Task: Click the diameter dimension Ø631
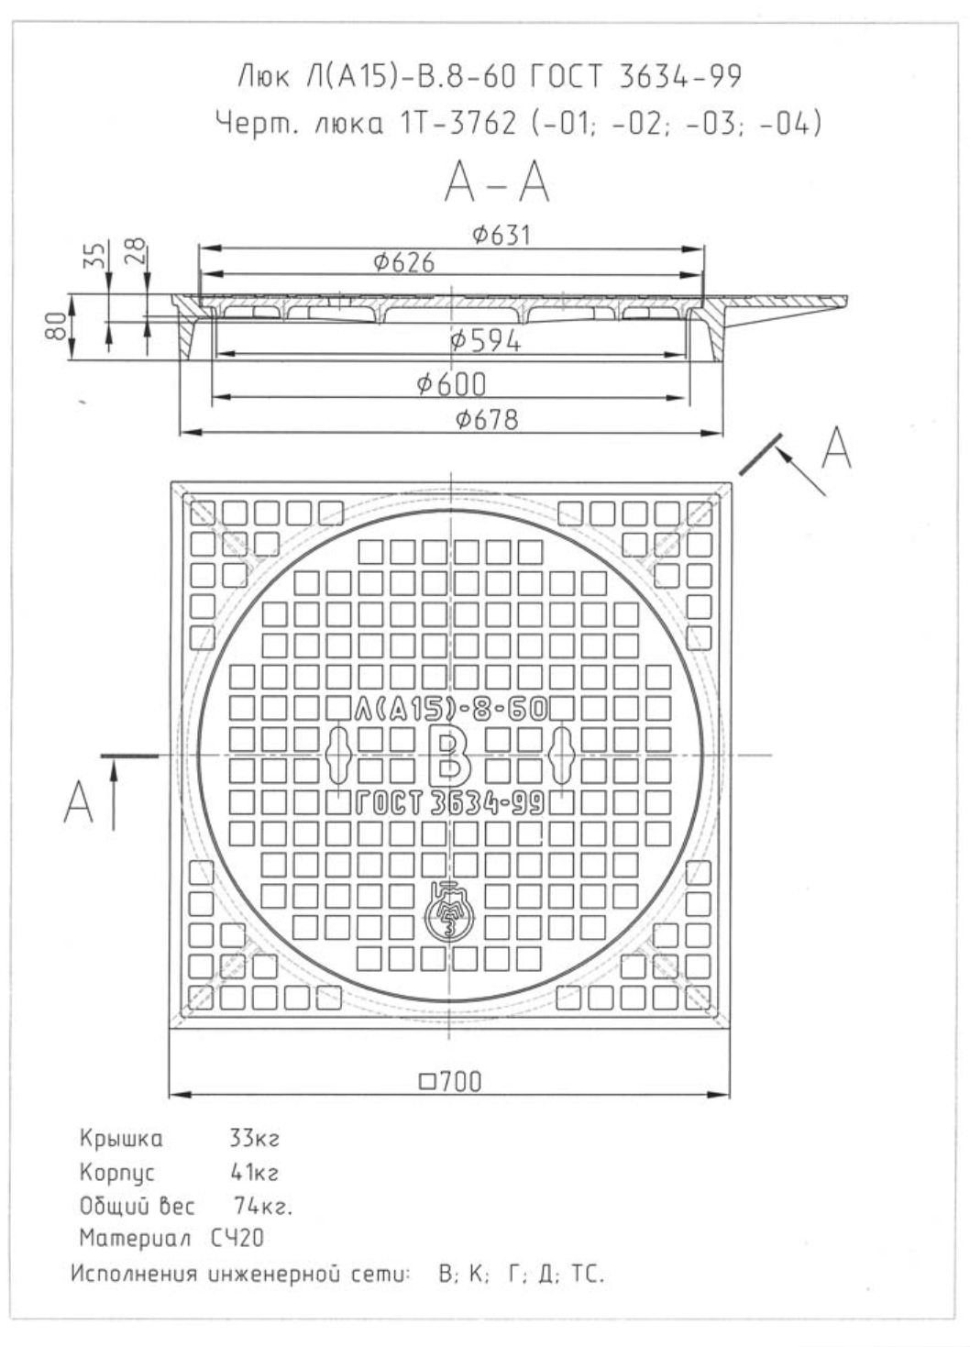[x=501, y=235]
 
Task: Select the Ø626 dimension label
[x=403, y=262]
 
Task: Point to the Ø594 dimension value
[x=485, y=341]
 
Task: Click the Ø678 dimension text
[x=487, y=419]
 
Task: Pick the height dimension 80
[x=57, y=326]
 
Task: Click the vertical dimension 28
[x=136, y=251]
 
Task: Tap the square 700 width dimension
[x=450, y=1081]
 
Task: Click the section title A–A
[x=497, y=182]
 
